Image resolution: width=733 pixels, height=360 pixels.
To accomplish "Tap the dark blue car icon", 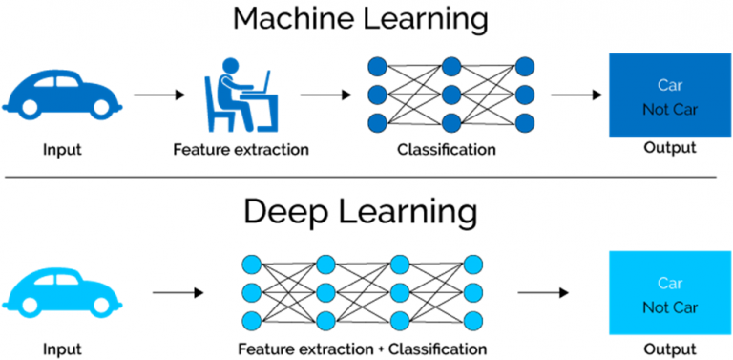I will click(x=58, y=93).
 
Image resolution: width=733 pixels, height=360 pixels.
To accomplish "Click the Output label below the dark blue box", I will click(x=669, y=148).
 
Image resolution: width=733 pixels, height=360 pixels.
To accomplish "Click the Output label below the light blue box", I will click(x=669, y=349).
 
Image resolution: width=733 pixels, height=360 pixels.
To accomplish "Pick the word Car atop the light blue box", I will click(x=670, y=283).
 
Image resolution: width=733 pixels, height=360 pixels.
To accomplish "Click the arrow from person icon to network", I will click(x=325, y=95).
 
